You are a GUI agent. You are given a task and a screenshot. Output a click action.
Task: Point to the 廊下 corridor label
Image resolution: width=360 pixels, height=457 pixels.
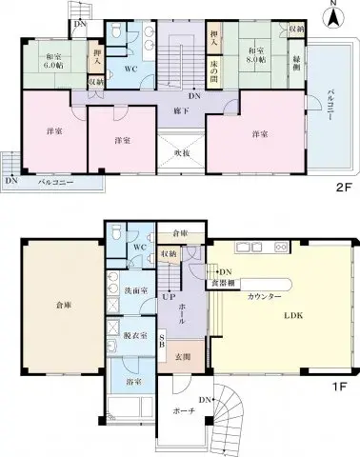tap(177, 111)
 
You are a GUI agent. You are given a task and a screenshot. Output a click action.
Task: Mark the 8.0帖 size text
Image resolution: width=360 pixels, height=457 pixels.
tap(252, 60)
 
